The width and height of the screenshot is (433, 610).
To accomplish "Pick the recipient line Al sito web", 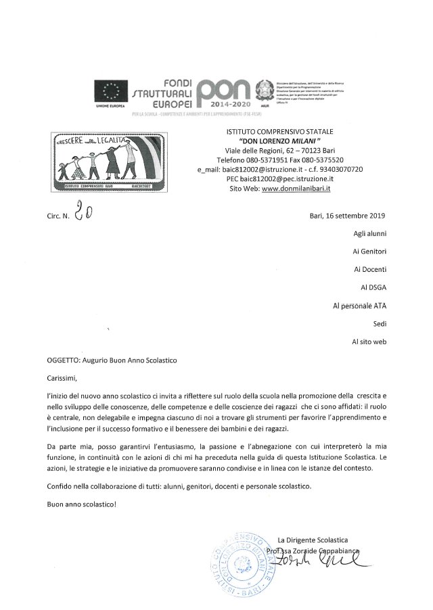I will [x=369, y=342].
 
